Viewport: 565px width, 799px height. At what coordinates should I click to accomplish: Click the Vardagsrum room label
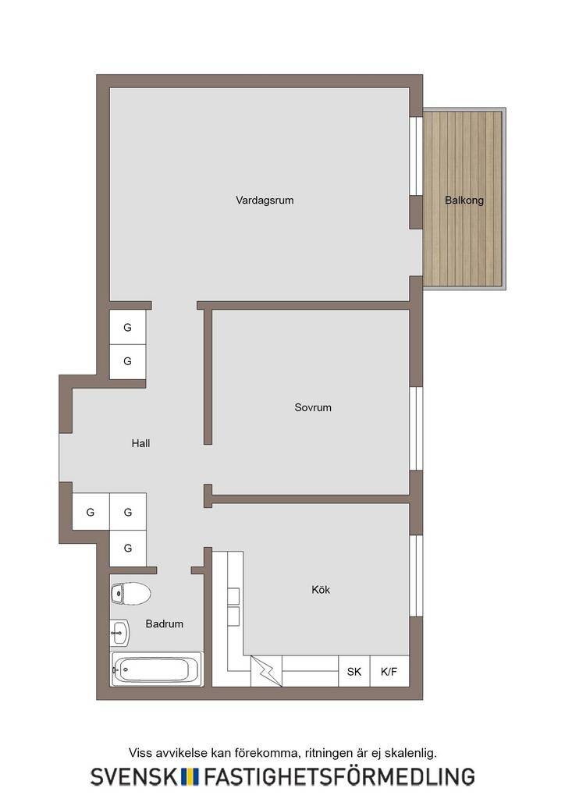(x=265, y=201)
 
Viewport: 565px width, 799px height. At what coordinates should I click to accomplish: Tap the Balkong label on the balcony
(x=464, y=201)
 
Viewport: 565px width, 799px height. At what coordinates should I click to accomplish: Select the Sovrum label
(x=313, y=407)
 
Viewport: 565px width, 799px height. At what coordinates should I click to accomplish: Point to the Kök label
(x=321, y=590)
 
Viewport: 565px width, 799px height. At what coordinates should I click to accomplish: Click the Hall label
(x=140, y=443)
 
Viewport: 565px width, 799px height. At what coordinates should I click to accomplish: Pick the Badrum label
(x=164, y=623)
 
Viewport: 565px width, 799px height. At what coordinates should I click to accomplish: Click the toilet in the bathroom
(x=131, y=594)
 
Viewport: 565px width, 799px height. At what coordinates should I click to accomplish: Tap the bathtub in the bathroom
(x=157, y=669)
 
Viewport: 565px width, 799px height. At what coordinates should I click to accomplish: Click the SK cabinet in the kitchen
(x=354, y=671)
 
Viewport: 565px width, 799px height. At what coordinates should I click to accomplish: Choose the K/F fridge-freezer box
(x=389, y=671)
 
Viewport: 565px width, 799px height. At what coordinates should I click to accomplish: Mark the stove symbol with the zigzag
(x=266, y=671)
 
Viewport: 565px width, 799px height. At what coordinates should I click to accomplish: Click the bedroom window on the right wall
(x=416, y=428)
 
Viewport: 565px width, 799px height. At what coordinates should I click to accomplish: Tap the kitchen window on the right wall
(x=416, y=576)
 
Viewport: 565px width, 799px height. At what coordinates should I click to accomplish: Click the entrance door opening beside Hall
(x=66, y=457)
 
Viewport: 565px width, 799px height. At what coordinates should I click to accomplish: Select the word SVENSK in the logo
(x=133, y=777)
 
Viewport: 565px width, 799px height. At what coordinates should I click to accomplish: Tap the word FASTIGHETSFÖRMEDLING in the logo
(x=339, y=776)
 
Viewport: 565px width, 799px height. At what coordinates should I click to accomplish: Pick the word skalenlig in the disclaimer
(x=410, y=753)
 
